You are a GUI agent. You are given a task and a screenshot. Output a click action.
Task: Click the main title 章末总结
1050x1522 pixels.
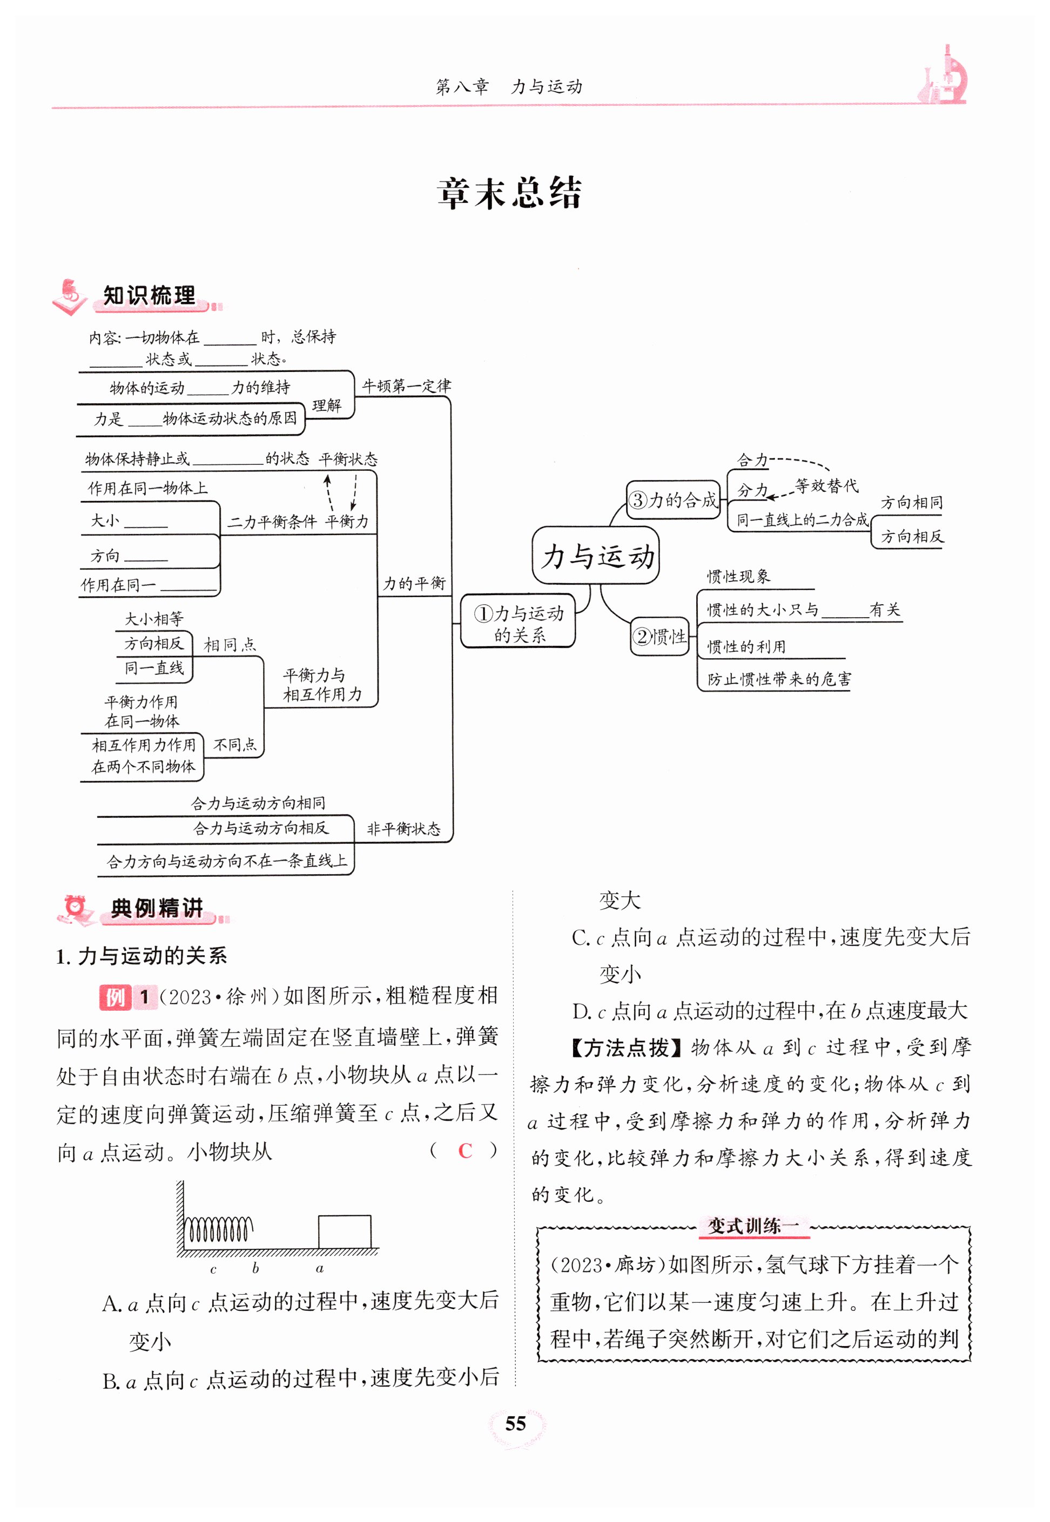[509, 193]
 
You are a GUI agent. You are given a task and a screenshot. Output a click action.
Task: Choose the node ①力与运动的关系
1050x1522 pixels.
[519, 623]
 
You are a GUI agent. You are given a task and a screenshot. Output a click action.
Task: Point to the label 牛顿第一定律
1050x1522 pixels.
[407, 386]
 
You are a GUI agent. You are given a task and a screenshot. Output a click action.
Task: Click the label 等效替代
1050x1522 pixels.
[826, 486]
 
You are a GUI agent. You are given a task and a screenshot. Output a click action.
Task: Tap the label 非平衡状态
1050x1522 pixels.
[403, 828]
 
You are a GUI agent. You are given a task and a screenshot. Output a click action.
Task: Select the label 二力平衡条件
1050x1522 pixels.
[272, 522]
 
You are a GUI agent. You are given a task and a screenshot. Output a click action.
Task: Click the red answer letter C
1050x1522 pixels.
[465, 1151]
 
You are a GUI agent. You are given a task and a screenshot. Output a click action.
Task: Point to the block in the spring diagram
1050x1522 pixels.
[344, 1231]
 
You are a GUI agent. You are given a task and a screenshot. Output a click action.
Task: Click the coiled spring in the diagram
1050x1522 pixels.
[218, 1229]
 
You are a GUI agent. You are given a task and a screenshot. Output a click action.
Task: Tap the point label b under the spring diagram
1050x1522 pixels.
[255, 1268]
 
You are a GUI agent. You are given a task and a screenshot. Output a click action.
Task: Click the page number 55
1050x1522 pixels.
[515, 1423]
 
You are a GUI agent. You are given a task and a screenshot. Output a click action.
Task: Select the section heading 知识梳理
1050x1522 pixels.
[149, 296]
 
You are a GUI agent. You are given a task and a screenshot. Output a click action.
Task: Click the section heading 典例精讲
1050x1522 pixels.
[157, 908]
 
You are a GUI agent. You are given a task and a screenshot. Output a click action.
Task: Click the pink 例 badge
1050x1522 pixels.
[115, 997]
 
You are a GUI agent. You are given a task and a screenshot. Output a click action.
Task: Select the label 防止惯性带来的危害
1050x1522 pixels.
[779, 679]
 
